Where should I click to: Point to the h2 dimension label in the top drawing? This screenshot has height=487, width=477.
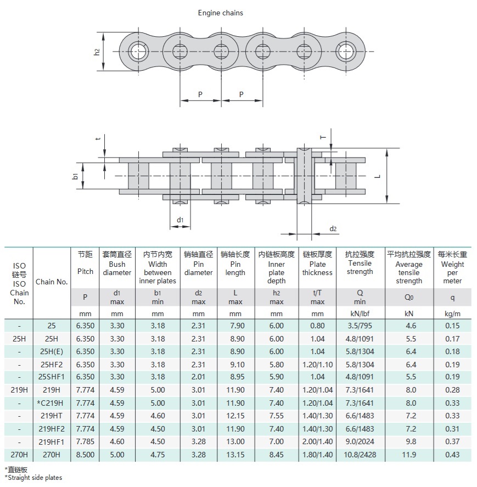click(x=97, y=52)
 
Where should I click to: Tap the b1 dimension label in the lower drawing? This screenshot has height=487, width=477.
click(x=75, y=176)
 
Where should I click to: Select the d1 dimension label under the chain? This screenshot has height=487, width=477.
click(x=179, y=220)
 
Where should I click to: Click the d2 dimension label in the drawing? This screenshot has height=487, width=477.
click(x=333, y=228)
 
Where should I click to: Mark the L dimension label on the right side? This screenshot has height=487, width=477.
click(x=378, y=176)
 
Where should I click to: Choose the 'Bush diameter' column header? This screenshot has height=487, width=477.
click(x=117, y=268)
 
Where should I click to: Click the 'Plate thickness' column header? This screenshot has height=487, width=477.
click(x=317, y=268)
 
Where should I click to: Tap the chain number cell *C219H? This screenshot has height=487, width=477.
click(x=52, y=403)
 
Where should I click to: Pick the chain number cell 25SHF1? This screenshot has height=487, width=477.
click(x=52, y=377)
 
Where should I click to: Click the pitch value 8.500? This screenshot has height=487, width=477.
click(x=85, y=455)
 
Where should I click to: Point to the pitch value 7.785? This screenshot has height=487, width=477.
click(x=85, y=442)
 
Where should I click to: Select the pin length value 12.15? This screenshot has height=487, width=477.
click(x=235, y=416)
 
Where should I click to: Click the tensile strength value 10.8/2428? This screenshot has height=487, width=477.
click(x=360, y=455)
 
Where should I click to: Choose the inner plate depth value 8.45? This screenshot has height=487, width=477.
click(x=276, y=455)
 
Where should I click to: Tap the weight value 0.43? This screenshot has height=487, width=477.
click(x=452, y=455)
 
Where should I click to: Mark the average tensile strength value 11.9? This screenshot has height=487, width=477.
click(x=409, y=455)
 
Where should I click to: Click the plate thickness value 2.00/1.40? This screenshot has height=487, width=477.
click(x=317, y=442)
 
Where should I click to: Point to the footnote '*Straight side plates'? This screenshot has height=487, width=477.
click(x=33, y=478)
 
